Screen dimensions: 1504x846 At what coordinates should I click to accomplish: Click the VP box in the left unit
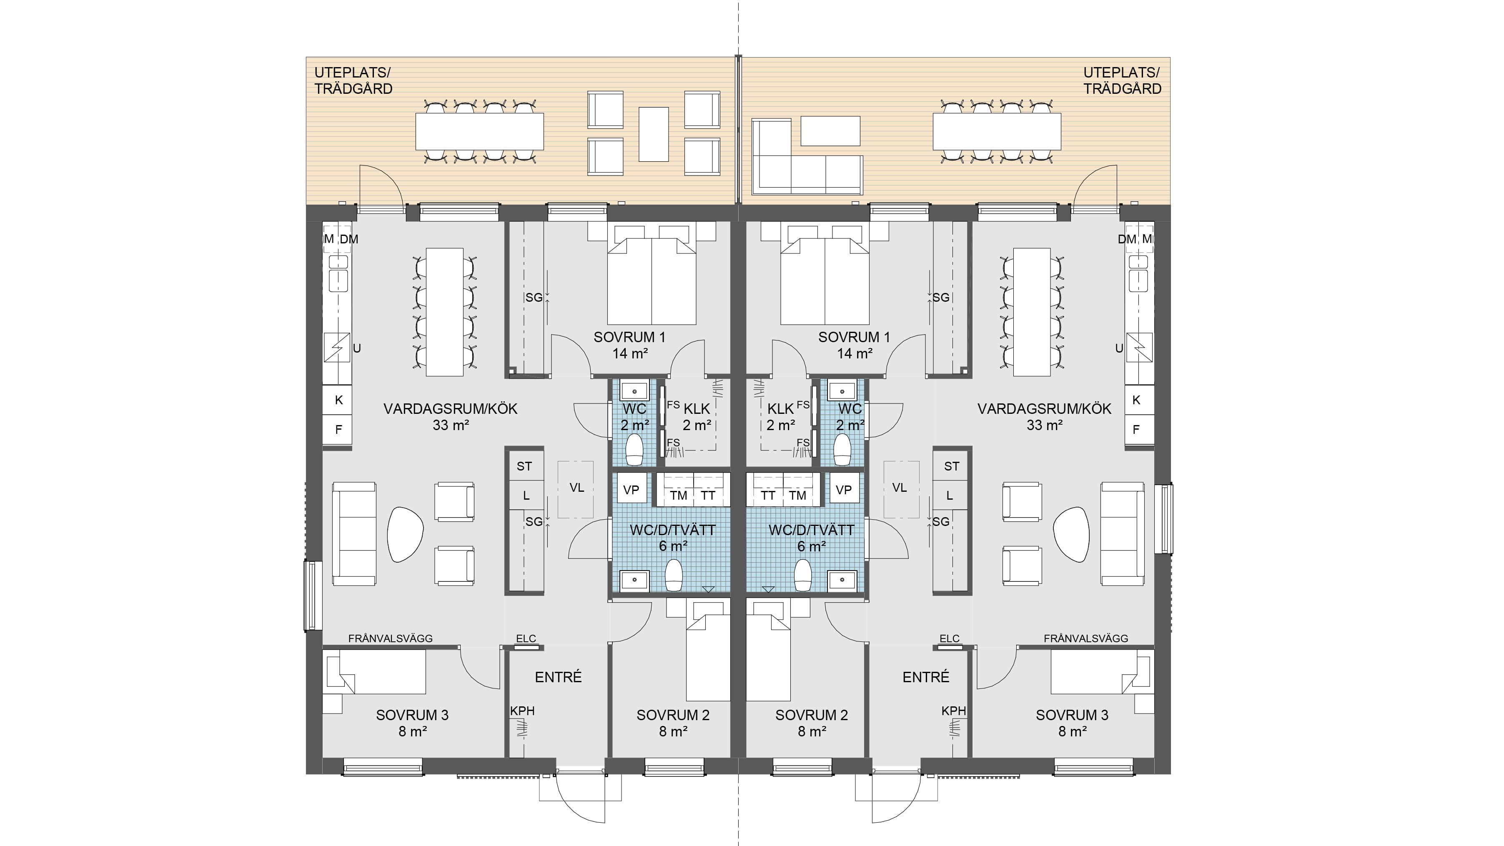click(x=631, y=489)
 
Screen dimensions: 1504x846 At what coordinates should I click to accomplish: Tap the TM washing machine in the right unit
click(x=797, y=490)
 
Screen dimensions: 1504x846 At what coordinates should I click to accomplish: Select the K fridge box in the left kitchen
click(x=338, y=400)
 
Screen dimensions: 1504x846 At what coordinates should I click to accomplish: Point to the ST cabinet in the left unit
click(x=524, y=466)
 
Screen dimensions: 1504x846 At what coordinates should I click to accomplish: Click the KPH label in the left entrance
click(x=523, y=711)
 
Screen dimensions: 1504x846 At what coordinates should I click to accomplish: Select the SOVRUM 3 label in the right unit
click(x=1072, y=715)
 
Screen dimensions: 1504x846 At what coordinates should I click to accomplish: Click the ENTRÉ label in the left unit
click(x=558, y=677)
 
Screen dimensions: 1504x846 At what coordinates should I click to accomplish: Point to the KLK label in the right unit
click(x=781, y=409)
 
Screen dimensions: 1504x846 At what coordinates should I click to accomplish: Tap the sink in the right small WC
click(x=842, y=389)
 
